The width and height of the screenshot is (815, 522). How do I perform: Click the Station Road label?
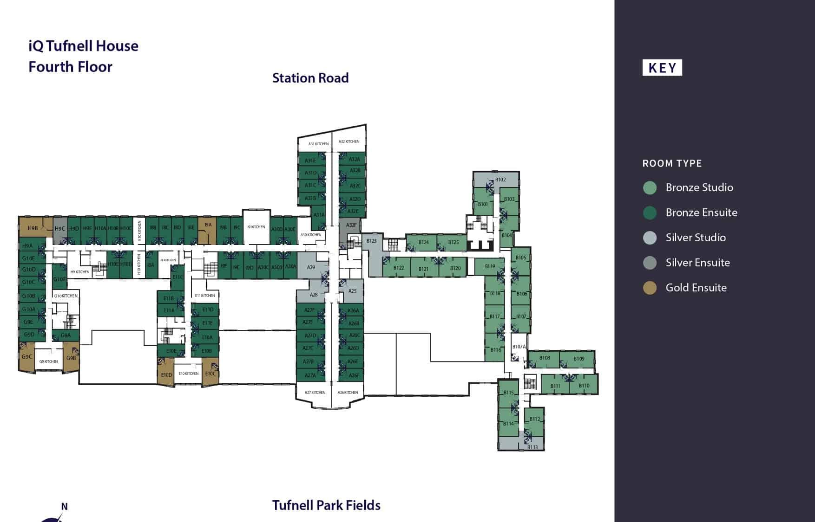pos(310,78)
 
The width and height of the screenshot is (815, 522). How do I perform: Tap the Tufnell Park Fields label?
pos(326,505)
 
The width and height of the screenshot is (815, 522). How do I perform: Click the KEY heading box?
pos(662,68)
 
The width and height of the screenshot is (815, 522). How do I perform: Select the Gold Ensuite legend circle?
pos(650,288)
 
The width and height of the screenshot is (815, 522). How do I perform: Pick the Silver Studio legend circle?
pos(650,238)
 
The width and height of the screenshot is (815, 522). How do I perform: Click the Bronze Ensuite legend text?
pos(701,213)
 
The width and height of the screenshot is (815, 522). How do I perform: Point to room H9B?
pos(33,228)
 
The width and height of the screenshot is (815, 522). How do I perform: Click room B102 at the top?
pos(500,180)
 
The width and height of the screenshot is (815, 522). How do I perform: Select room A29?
pos(311,267)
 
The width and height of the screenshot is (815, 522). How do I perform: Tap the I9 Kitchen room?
pos(256,227)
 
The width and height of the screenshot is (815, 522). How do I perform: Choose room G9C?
pos(26,357)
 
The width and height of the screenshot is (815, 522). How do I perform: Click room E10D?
pos(166,374)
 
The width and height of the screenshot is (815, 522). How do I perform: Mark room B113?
pos(532,447)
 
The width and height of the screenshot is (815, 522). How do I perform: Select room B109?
pos(578,359)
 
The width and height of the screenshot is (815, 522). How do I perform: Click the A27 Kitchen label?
pos(315,393)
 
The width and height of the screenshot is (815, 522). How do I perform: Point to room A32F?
pos(351,225)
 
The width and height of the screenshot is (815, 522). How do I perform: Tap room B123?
pos(371,241)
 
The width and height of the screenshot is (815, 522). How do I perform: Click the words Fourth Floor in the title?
pos(70,67)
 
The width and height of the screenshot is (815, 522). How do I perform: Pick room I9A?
pos(208,225)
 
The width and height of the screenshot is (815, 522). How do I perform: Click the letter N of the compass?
pos(65,507)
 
